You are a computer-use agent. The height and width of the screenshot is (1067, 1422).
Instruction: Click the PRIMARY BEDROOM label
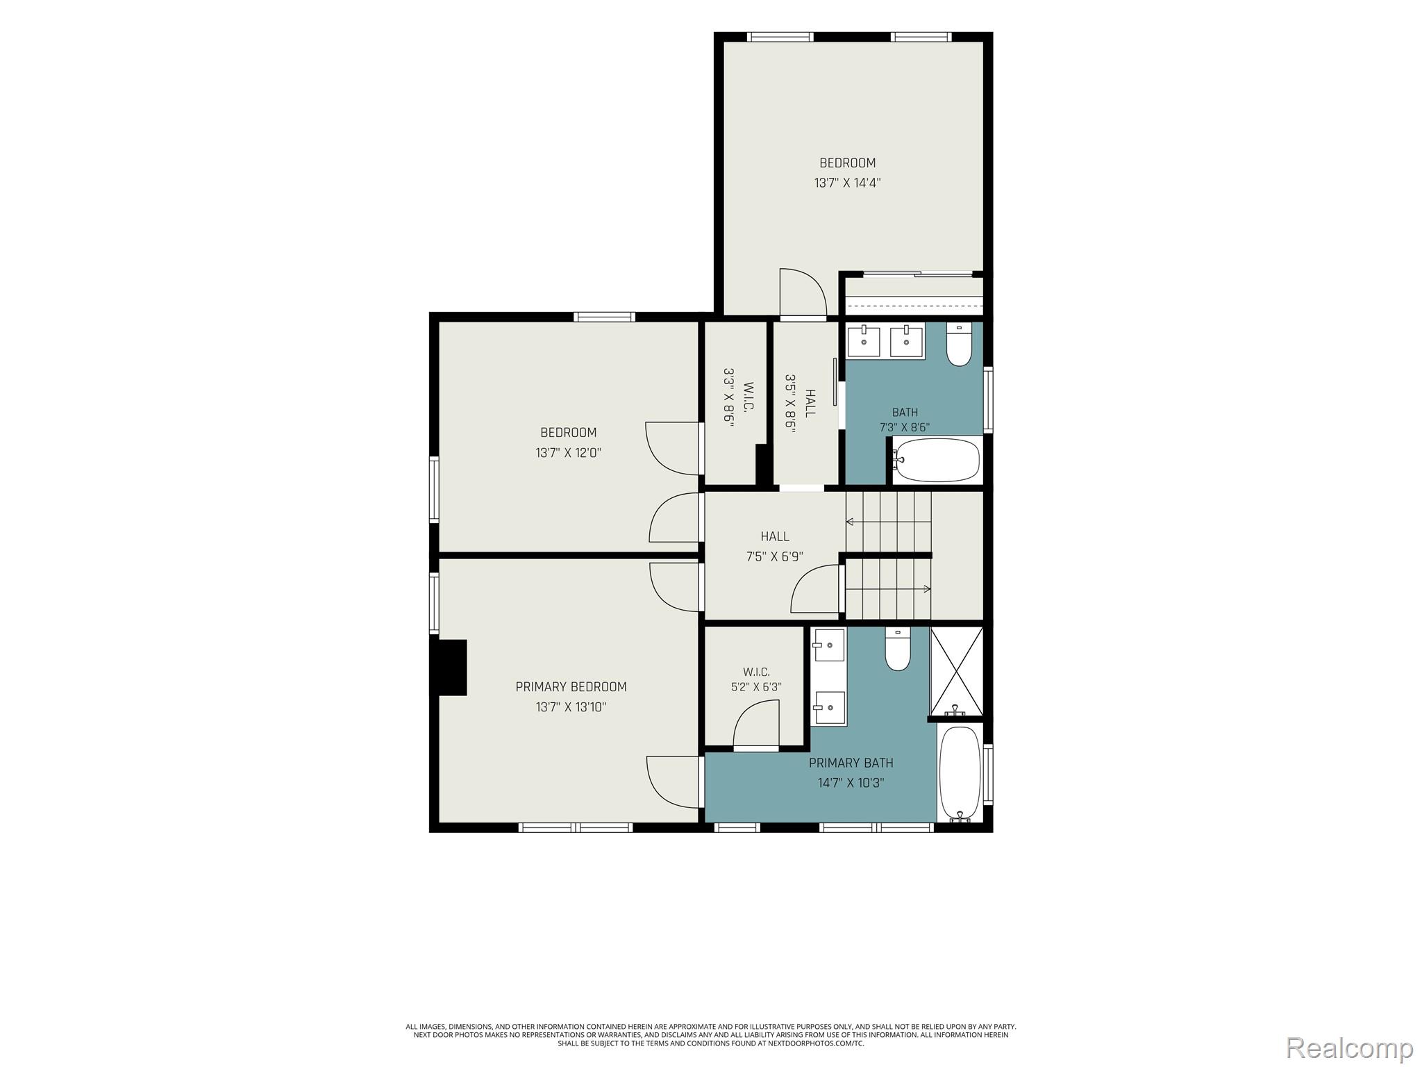click(x=571, y=687)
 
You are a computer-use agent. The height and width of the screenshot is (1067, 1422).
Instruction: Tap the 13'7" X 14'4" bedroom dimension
click(x=847, y=183)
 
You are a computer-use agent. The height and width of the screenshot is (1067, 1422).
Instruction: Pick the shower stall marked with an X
click(x=956, y=671)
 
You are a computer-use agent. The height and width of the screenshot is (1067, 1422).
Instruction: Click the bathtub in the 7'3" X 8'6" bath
click(x=937, y=460)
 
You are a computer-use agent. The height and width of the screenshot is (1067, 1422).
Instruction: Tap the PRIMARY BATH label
click(x=851, y=763)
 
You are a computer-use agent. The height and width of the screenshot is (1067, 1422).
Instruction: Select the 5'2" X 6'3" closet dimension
click(x=756, y=687)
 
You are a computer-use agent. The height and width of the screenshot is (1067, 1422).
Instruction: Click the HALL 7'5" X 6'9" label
click(x=775, y=546)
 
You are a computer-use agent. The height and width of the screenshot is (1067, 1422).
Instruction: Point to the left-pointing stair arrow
click(x=888, y=522)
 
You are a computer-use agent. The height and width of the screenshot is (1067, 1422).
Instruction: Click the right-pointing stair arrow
click(x=888, y=589)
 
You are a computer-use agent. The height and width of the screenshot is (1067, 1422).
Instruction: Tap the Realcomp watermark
click(x=1350, y=1047)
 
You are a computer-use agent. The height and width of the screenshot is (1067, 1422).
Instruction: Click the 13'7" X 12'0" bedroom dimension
click(x=568, y=453)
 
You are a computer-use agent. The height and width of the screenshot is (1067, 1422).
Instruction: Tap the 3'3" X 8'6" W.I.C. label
click(x=738, y=406)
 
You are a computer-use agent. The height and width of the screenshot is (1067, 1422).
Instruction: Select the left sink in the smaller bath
click(x=864, y=342)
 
